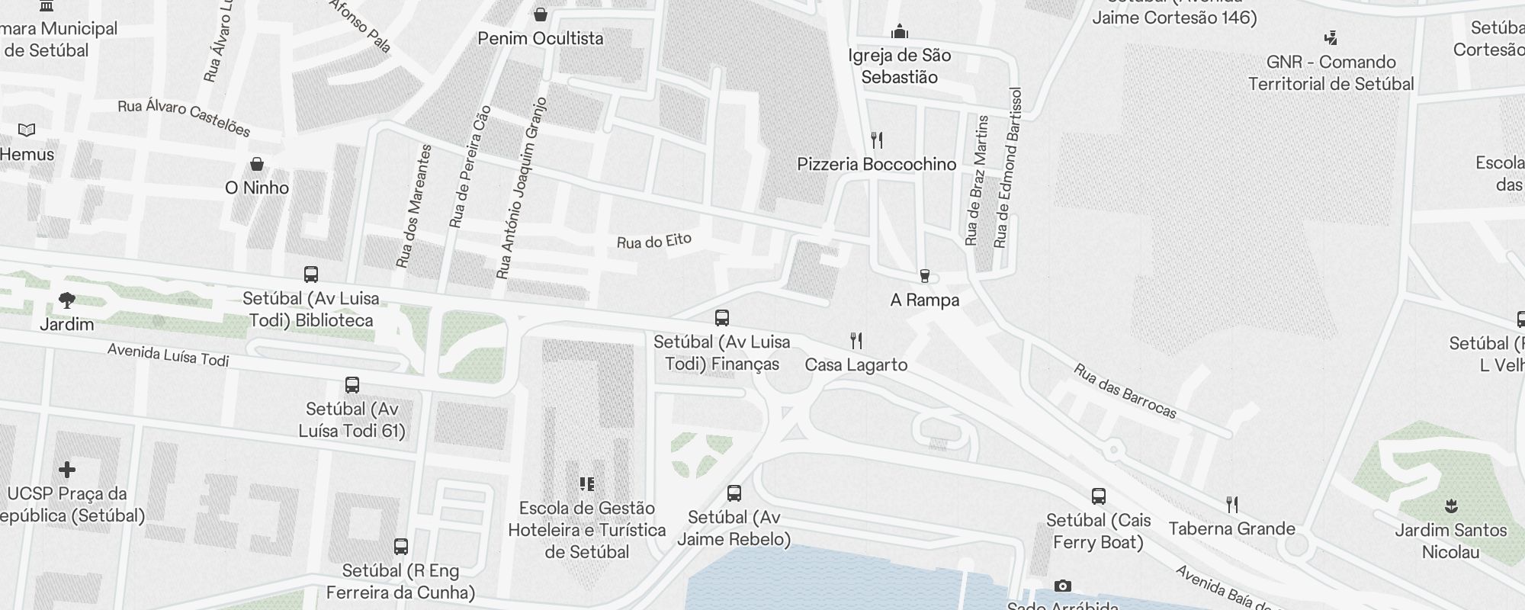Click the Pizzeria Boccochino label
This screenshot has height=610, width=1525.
[876, 164]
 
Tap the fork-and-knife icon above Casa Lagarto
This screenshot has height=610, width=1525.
[856, 340]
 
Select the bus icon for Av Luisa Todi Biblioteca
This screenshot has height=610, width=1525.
[310, 274]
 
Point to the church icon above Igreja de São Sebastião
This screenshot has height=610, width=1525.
[900, 31]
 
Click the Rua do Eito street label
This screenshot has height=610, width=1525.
[653, 242]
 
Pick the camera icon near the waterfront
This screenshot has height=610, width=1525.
[1062, 586]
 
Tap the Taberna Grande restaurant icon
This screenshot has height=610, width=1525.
[1231, 504]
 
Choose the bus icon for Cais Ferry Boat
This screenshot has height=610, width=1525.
[1098, 496]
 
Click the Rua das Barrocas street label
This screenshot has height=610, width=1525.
[1125, 391]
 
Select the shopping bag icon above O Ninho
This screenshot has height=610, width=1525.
[257, 164]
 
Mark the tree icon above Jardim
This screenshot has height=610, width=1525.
[67, 300]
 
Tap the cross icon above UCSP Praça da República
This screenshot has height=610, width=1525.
[67, 469]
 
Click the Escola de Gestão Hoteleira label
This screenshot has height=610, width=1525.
[586, 529]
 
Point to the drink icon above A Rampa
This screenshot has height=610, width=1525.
[924, 275]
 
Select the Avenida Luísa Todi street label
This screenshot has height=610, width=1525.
[168, 355]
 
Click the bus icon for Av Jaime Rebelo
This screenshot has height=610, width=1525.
[734, 493]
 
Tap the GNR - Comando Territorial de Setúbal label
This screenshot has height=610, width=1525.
[1331, 72]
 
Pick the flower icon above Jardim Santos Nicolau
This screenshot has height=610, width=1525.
[1450, 506]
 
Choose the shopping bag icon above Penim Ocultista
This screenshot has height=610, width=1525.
[540, 14]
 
